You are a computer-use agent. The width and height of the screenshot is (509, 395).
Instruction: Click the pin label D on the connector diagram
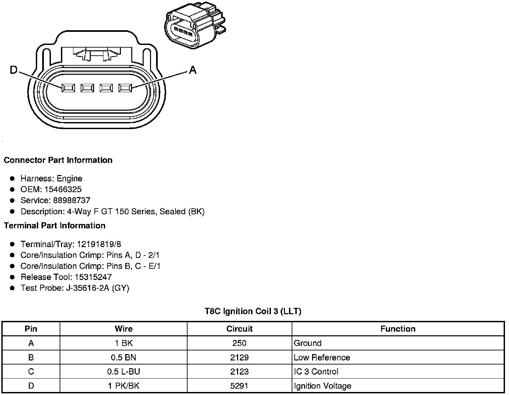13,70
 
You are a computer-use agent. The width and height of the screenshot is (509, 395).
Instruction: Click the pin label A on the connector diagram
193,70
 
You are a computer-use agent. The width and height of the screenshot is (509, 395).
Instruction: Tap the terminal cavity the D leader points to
68,88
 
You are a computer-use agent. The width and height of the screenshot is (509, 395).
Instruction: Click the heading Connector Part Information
58,160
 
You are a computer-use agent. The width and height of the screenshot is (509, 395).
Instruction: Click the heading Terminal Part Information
55,225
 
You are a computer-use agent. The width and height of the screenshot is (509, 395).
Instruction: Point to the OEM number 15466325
63,189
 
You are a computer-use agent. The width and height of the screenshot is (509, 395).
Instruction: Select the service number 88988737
72,200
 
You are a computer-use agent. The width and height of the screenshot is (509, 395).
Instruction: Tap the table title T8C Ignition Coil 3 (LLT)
253,311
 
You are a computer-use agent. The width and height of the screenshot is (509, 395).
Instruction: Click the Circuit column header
239,329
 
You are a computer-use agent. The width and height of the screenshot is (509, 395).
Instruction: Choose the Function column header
397,329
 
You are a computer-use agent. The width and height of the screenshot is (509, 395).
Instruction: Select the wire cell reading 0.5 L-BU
123,372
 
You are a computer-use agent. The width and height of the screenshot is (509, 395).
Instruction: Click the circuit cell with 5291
239,386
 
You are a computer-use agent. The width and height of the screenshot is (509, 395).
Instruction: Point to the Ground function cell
307,343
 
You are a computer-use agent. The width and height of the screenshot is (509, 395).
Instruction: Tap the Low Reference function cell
321,357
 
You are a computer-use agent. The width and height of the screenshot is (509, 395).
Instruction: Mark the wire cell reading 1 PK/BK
123,386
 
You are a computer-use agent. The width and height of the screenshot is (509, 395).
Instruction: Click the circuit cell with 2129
239,357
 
